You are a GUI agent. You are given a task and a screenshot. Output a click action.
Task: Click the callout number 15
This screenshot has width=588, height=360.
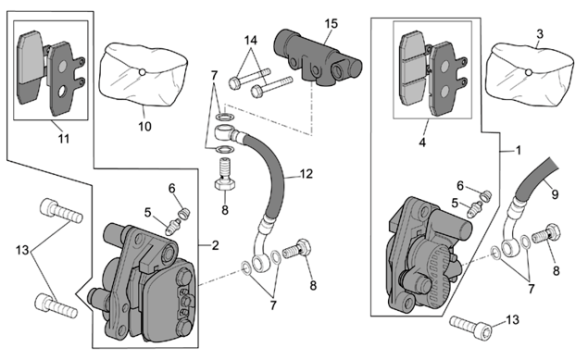click(x=332, y=24)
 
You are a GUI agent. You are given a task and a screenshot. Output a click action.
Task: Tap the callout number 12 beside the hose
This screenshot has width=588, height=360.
click(x=307, y=174)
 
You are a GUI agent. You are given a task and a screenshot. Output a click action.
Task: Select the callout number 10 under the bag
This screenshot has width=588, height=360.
click(x=144, y=126)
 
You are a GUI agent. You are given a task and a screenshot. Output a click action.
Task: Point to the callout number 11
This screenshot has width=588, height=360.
click(x=64, y=139)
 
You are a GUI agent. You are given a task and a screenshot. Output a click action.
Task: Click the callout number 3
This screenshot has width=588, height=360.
click(x=540, y=34)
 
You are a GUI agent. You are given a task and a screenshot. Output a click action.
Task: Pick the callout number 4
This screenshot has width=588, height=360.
click(x=422, y=143)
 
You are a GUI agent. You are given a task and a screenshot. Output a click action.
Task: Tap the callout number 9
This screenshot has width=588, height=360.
click(x=555, y=194)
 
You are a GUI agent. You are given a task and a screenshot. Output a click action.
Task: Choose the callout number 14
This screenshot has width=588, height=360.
click(x=251, y=40)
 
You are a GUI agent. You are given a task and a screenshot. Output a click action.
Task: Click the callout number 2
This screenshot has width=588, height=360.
click(x=215, y=245)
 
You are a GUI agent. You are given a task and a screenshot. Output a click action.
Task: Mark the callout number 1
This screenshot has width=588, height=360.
click(x=519, y=151)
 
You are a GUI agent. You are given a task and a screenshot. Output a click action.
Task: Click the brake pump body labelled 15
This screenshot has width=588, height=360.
click(x=318, y=57)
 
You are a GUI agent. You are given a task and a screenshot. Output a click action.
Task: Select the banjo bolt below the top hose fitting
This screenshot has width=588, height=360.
click(x=225, y=175)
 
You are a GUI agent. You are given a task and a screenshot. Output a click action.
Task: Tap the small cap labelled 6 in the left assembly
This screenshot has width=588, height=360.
click(x=183, y=213)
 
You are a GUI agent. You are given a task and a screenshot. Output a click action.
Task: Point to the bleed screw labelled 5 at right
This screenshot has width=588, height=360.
click(x=474, y=209)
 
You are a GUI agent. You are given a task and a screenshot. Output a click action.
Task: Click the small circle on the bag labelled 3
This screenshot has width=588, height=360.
click(x=528, y=72)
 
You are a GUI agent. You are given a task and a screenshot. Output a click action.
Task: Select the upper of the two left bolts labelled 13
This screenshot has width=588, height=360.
click(x=61, y=211)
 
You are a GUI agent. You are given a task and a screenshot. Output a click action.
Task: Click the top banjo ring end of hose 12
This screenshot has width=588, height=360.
click(x=224, y=132)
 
